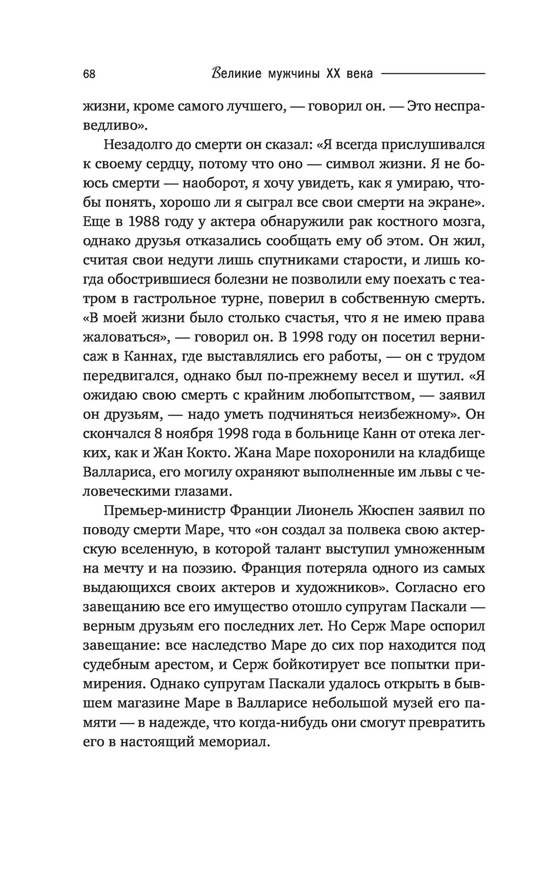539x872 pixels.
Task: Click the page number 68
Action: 89,74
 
